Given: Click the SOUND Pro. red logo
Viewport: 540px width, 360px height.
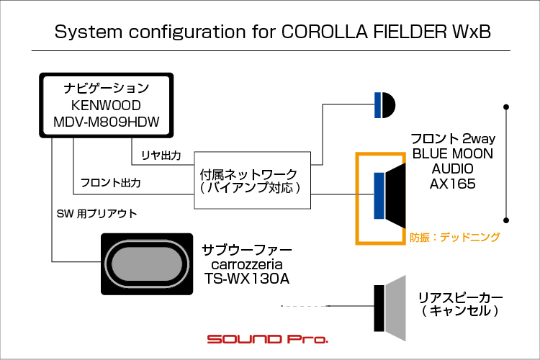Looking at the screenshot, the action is tap(267, 339).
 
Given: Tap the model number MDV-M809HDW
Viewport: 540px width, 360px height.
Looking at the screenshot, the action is tap(107, 122).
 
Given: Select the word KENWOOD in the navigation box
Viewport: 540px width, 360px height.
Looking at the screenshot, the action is tap(106, 105).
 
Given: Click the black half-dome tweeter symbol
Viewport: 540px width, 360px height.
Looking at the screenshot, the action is tap(389, 105).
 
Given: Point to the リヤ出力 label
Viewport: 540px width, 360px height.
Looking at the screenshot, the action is tap(161, 156).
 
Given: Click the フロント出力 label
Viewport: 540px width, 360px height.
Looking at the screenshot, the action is tap(111, 183).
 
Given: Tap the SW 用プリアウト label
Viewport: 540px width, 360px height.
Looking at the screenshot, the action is tap(96, 214).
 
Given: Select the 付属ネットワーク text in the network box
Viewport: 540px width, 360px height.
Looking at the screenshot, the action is tap(248, 174).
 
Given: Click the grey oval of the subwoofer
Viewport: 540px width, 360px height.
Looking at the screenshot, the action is tap(147, 264).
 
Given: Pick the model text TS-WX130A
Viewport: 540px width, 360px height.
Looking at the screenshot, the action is tap(246, 279).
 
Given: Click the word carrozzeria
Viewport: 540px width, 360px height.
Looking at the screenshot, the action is tap(246, 264).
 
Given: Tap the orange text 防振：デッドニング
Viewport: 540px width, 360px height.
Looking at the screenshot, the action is tap(454, 237).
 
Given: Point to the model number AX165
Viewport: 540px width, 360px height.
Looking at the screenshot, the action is tap(453, 184).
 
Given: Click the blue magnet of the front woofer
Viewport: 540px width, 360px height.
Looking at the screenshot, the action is tap(379, 196).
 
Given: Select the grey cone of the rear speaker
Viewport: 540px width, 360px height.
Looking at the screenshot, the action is tap(395, 308).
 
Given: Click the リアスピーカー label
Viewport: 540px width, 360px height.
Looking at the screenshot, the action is tap(460, 297).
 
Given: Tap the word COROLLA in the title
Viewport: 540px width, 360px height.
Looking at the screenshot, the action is tap(325, 32).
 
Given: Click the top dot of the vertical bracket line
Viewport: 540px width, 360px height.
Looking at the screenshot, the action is tap(506, 107).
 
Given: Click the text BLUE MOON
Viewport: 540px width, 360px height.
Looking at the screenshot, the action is tap(453, 153).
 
